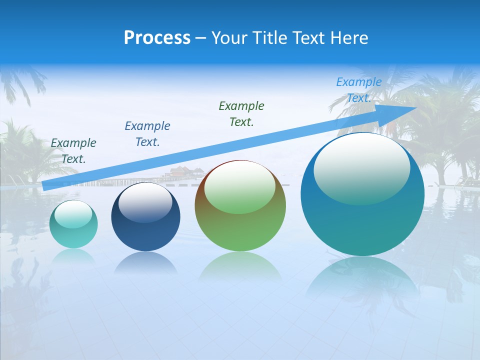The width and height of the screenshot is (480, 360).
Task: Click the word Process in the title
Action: click(x=157, y=38)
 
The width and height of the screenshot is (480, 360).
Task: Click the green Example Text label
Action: click(x=241, y=113)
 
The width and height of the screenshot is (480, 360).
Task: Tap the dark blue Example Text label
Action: click(x=147, y=133)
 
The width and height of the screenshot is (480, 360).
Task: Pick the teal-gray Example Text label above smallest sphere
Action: click(x=73, y=150)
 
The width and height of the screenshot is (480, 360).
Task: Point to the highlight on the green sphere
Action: click(x=239, y=187)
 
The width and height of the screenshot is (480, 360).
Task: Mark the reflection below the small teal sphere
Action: click(x=73, y=255)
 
